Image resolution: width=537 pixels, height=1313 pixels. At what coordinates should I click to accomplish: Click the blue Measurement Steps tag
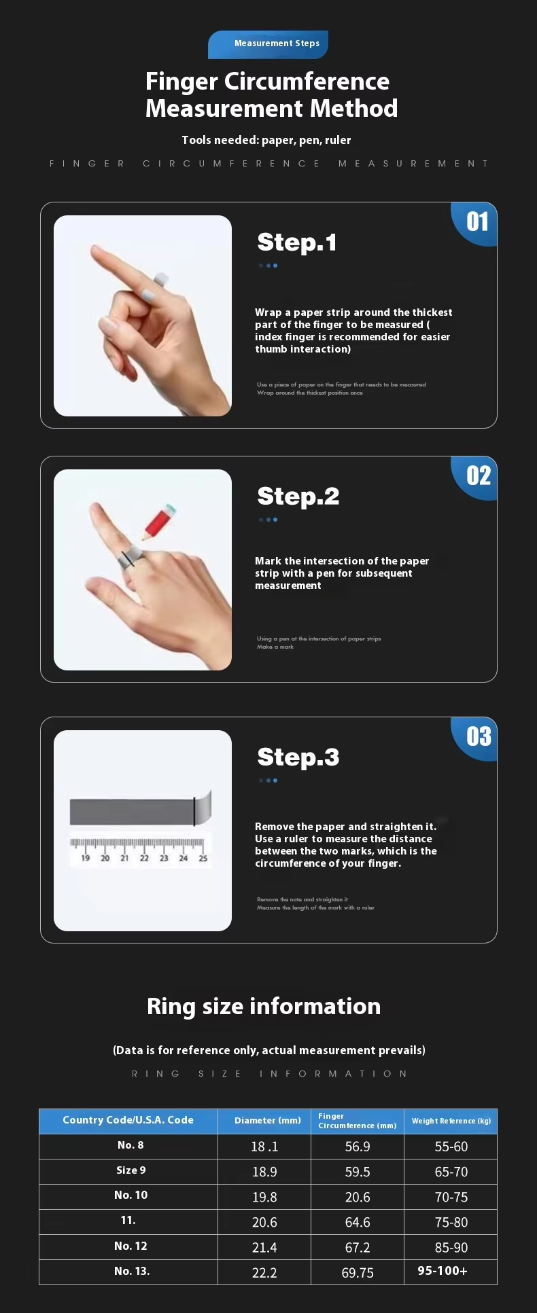(x=268, y=44)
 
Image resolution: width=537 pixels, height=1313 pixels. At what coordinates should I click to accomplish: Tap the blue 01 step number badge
(x=475, y=223)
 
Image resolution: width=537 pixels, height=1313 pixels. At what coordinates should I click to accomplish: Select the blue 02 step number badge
(x=475, y=478)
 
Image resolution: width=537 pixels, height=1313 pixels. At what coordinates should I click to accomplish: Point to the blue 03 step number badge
(x=475, y=738)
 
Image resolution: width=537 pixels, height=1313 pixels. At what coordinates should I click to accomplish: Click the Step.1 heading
(x=297, y=242)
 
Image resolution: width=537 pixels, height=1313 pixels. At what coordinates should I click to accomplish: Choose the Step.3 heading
(x=298, y=757)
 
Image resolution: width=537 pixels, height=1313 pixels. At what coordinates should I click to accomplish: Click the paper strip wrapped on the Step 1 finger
(x=161, y=278)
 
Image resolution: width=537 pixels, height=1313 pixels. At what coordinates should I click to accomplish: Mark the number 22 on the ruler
(x=144, y=858)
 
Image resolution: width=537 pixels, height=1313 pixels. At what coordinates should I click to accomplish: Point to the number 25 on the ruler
(x=203, y=858)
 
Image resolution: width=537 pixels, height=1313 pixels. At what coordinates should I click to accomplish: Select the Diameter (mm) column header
(x=268, y=1121)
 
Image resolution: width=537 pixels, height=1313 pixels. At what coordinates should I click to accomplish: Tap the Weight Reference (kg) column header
(x=451, y=1121)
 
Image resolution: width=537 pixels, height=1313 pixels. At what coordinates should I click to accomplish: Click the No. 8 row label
(x=131, y=1145)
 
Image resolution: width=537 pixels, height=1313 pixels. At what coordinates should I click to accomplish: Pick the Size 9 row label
(x=131, y=1170)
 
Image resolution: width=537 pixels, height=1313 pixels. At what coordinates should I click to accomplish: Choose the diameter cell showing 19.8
(x=264, y=1197)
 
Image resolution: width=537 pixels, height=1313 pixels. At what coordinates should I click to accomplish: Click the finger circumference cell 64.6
(x=358, y=1223)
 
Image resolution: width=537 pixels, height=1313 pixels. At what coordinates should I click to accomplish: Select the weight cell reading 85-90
(x=451, y=1248)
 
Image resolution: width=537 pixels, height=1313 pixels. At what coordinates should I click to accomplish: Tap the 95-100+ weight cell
(x=443, y=1271)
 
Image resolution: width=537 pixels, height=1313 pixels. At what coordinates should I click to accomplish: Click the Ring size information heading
(x=264, y=1006)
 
